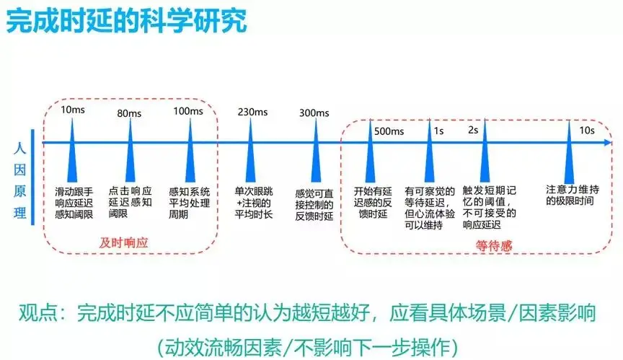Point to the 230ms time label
pyautogui.click(x=252, y=112)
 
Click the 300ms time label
pyautogui.click(x=313, y=113)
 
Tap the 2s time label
pyautogui.click(x=474, y=130)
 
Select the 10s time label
pyautogui.click(x=587, y=130)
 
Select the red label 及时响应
pyautogui.click(x=123, y=242)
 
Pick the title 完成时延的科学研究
pyautogui.click(x=126, y=20)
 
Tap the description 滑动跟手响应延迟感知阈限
pyautogui.click(x=73, y=203)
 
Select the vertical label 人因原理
pyautogui.click(x=20, y=180)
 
